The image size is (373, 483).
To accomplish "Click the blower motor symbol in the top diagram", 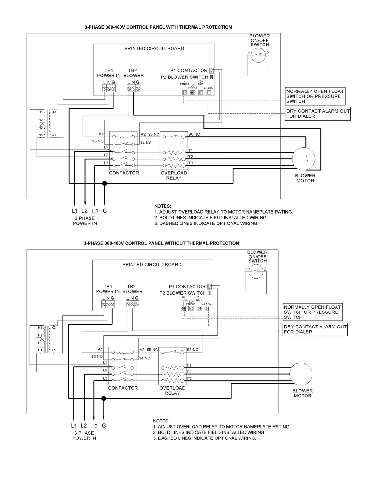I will pyautogui.click(x=304, y=159).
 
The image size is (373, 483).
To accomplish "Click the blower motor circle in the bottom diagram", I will pyautogui.click(x=301, y=374).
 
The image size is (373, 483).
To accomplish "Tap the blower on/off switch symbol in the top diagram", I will pyautogui.click(x=258, y=55).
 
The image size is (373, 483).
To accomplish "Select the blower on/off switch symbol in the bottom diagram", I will pyautogui.click(x=256, y=271).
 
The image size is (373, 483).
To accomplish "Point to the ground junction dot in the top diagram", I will pyautogui.click(x=105, y=183).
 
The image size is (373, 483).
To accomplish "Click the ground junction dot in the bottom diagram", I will pyautogui.click(x=104, y=398).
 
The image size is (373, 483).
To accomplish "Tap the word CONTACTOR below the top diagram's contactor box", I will pyautogui.click(x=124, y=173).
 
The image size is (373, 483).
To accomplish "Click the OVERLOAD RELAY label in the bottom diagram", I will pyautogui.click(x=172, y=390).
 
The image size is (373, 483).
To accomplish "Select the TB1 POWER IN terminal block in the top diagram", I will pyautogui.click(x=109, y=88).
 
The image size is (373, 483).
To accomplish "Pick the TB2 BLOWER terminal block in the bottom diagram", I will pyautogui.click(x=132, y=304).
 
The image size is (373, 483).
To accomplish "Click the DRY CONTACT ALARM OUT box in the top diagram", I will pyautogui.click(x=318, y=114).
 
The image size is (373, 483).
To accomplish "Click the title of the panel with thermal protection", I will pyautogui.click(x=158, y=27).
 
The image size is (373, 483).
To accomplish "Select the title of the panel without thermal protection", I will pyautogui.click(x=161, y=243).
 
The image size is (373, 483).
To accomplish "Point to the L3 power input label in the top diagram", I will pyautogui.click(x=95, y=211).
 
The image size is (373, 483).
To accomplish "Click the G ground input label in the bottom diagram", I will pyautogui.click(x=104, y=426).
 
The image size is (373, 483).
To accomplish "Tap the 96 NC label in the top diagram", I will pyautogui.click(x=194, y=134).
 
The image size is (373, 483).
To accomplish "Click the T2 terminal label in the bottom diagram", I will pyautogui.click(x=189, y=372).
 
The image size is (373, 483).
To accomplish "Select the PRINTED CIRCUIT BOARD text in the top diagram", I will pyautogui.click(x=154, y=48).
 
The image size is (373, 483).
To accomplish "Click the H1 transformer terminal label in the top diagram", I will pyautogui.click(x=41, y=112).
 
